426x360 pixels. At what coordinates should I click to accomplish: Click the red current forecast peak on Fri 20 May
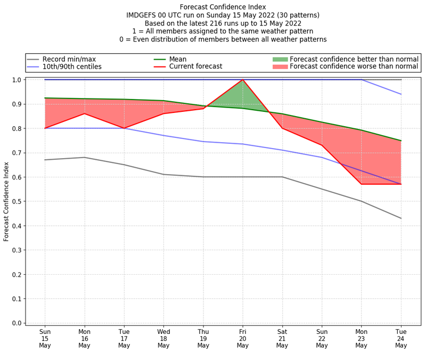pos(243,80)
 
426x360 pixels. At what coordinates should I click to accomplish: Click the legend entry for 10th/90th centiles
pos(72,67)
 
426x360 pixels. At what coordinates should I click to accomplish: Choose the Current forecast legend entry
pos(195,67)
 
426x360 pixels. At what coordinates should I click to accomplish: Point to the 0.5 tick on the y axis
pos(18,201)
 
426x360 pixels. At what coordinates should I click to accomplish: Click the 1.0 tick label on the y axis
pos(18,80)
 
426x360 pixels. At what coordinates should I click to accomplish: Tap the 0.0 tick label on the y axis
pos(18,323)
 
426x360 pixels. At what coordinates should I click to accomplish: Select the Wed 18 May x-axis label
pos(163,339)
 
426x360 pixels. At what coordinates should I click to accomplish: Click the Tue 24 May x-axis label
pos(401,339)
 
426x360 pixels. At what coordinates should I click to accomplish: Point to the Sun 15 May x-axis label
pos(45,339)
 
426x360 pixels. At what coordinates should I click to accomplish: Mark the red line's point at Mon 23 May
pos(362,184)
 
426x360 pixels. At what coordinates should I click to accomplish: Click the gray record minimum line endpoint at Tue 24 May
pos(401,218)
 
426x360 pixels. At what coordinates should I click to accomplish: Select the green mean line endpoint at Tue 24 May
pos(401,141)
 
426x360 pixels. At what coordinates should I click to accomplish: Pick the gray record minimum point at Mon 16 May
pos(84,157)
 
